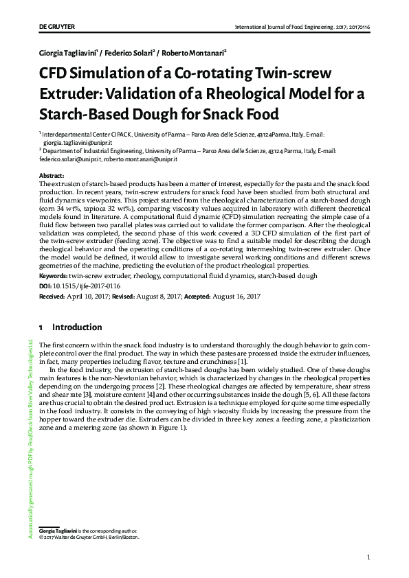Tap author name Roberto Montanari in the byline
(x=195, y=53)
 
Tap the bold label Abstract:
(x=52, y=176)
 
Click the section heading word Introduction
(x=77, y=327)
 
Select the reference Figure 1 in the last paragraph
(x=171, y=427)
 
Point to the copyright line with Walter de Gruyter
(x=86, y=537)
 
